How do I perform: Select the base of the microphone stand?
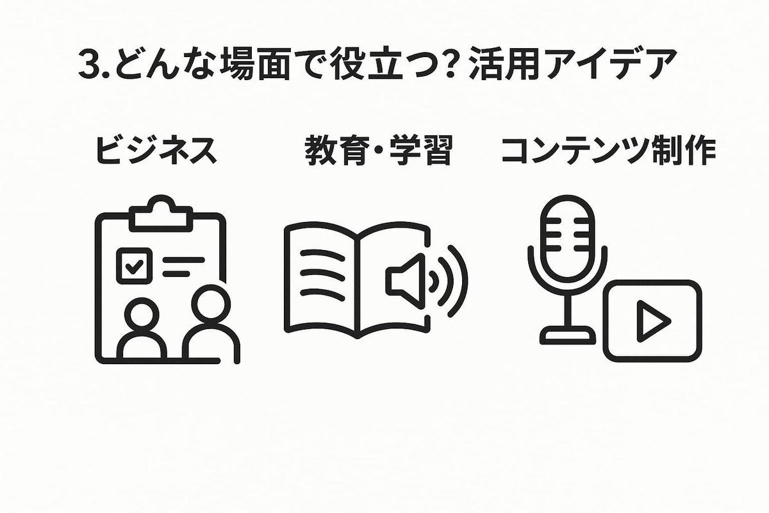click(565, 333)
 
